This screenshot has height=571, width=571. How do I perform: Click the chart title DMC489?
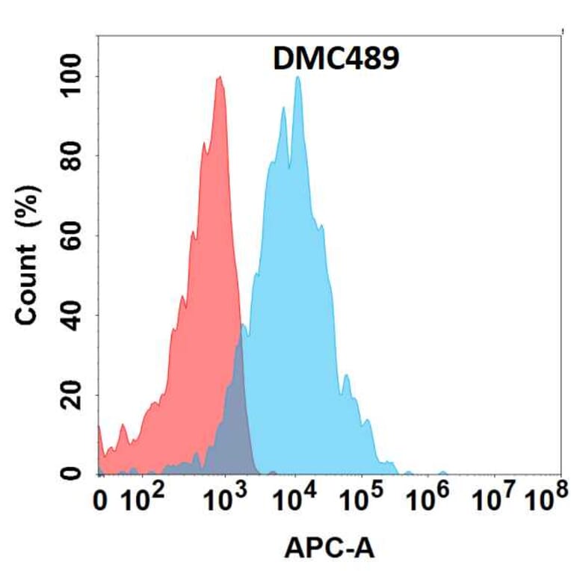[335, 58]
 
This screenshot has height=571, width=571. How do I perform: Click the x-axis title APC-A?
[329, 549]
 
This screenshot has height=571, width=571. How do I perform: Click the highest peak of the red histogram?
[219, 77]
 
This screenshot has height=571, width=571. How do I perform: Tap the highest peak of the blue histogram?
[298, 78]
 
